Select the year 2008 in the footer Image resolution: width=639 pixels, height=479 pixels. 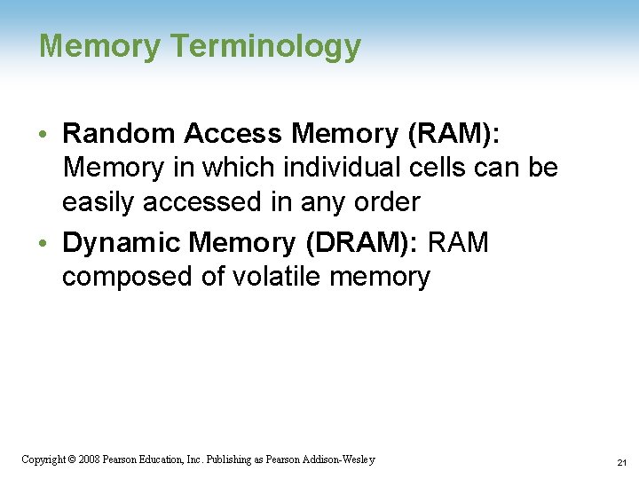pos(89,459)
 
